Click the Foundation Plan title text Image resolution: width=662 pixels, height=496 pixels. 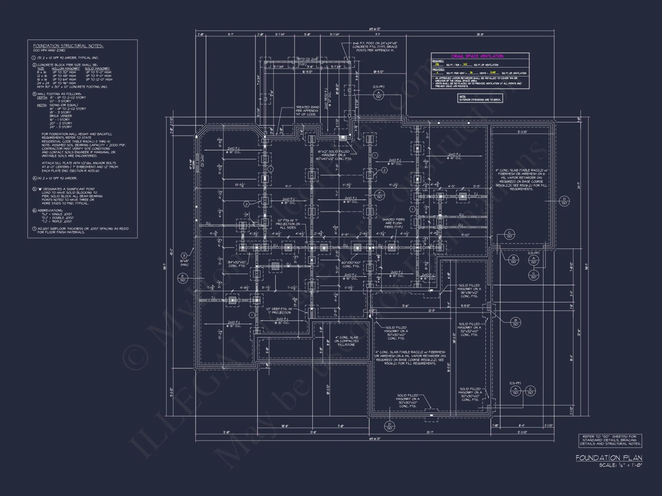click(x=609, y=458)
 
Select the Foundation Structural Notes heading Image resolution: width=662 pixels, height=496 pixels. click(x=68, y=46)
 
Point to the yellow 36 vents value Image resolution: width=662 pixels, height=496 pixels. click(x=471, y=72)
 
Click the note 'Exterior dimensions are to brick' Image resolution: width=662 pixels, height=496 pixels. click(x=480, y=98)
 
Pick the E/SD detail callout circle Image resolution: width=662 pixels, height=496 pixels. click(x=182, y=278)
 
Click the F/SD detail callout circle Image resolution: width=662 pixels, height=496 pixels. click(x=379, y=195)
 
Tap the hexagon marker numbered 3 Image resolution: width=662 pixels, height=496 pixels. click(x=184, y=256)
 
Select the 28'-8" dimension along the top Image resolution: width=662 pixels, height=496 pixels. click(x=480, y=34)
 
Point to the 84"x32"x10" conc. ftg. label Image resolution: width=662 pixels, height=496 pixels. click(x=237, y=264)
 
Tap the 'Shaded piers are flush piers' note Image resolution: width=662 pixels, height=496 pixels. click(x=393, y=223)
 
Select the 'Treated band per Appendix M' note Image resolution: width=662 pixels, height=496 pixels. click(x=307, y=111)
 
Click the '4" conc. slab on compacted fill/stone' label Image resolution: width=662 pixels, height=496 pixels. click(x=346, y=341)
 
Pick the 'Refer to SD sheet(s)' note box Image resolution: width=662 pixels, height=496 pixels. click(x=610, y=440)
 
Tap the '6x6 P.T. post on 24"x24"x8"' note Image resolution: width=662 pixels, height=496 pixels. click(x=375, y=47)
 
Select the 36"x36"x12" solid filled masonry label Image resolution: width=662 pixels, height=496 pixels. click(x=469, y=291)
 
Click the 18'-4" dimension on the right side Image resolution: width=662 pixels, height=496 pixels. click(x=571, y=358)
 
